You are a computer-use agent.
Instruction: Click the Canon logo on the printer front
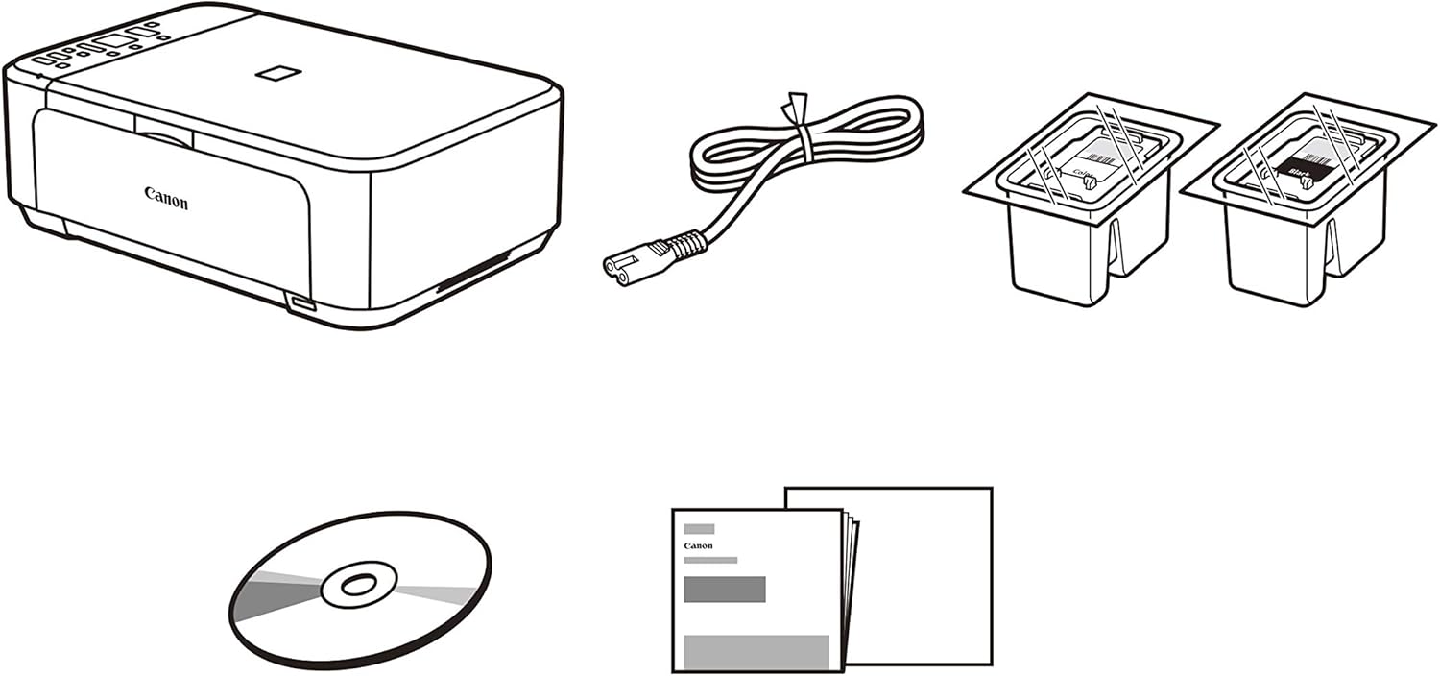coord(166,198)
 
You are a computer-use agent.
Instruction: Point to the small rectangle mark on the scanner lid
coord(278,73)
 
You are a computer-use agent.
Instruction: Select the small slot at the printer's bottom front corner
coord(300,304)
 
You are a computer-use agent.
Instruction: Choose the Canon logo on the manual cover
coord(698,545)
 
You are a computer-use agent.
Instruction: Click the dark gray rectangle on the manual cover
coord(724,589)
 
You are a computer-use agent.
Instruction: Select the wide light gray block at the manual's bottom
coord(756,651)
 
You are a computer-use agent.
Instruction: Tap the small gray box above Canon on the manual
coord(698,528)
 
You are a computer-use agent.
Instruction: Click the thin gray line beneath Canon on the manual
coord(710,560)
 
